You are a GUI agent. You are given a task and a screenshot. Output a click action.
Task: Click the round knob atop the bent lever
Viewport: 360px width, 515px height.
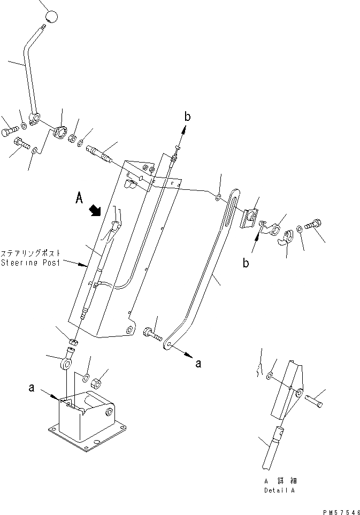50,17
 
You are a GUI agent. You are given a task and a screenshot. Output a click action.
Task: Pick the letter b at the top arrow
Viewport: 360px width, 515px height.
187,116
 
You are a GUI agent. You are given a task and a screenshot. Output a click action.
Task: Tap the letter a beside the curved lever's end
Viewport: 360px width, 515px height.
198,364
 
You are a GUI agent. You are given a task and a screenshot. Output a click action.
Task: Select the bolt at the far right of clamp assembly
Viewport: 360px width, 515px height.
314,226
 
